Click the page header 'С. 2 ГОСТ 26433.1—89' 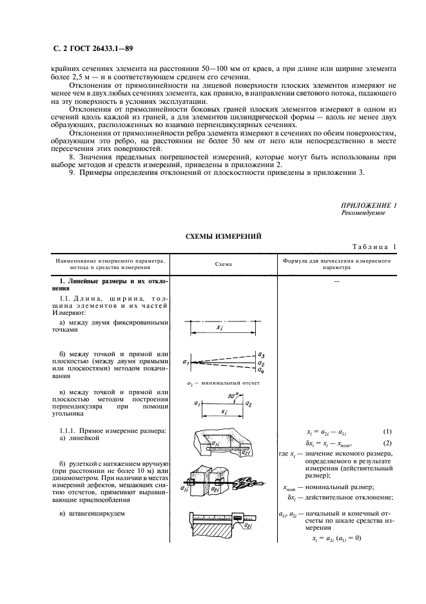click(x=91, y=49)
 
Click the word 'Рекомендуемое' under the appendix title click(x=363, y=213)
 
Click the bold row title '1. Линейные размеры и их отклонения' click(x=108, y=284)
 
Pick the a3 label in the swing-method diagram click(x=260, y=355)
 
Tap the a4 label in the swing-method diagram click(x=260, y=370)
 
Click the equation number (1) click(x=387, y=431)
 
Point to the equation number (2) click(x=387, y=442)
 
